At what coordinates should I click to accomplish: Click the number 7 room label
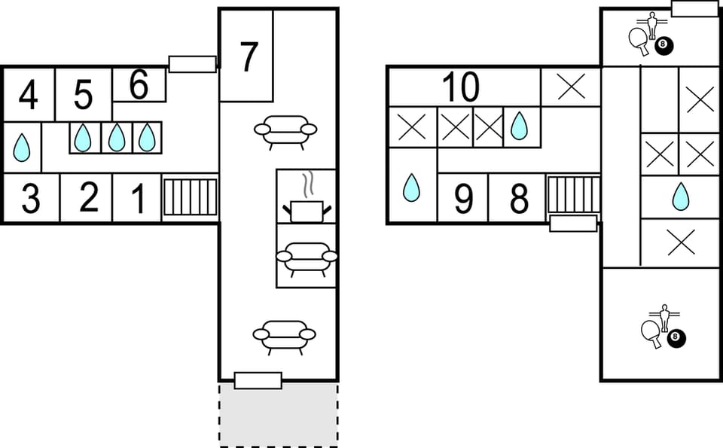(249, 57)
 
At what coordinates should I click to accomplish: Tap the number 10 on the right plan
(460, 87)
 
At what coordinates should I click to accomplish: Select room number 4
(28, 96)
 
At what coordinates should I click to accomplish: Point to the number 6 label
(139, 85)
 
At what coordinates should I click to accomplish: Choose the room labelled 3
(30, 198)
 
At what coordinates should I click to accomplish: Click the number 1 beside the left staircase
(138, 199)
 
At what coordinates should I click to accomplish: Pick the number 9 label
(462, 200)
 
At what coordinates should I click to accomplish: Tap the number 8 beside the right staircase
(518, 200)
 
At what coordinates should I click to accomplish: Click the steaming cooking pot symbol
(307, 200)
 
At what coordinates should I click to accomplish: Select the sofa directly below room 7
(285, 132)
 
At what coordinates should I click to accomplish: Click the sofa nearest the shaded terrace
(284, 336)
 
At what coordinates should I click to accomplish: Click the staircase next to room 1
(190, 197)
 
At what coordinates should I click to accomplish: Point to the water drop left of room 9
(410, 187)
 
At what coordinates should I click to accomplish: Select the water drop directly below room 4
(23, 148)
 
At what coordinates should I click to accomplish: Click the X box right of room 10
(570, 87)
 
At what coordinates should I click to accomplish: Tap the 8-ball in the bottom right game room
(676, 339)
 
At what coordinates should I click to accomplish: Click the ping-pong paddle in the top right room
(639, 40)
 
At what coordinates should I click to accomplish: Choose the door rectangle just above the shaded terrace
(258, 380)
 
